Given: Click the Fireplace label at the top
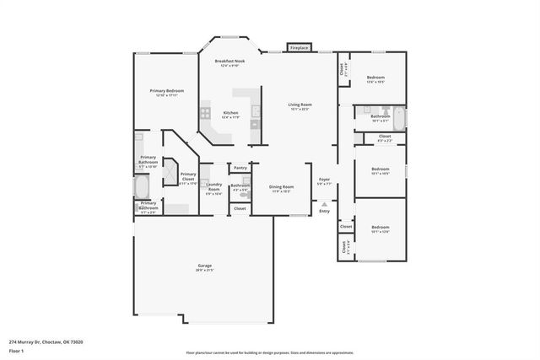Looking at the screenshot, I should (x=299, y=49).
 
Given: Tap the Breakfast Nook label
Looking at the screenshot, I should (x=229, y=62).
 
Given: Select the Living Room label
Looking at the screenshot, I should (x=300, y=105).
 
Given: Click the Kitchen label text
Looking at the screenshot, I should (x=230, y=112).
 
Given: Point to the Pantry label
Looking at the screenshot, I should (x=240, y=168).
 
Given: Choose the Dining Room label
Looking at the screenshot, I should (x=281, y=186).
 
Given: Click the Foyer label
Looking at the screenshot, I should (x=324, y=180).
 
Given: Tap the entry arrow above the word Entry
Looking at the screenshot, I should (x=324, y=203).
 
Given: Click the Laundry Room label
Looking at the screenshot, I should (x=213, y=186).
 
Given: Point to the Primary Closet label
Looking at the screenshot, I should (x=187, y=175).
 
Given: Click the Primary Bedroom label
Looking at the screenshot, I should (x=167, y=90).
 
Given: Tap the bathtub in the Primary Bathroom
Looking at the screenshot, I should (x=141, y=185).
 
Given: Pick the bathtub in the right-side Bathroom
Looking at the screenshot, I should (x=398, y=119).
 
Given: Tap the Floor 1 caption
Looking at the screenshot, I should (x=17, y=350).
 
